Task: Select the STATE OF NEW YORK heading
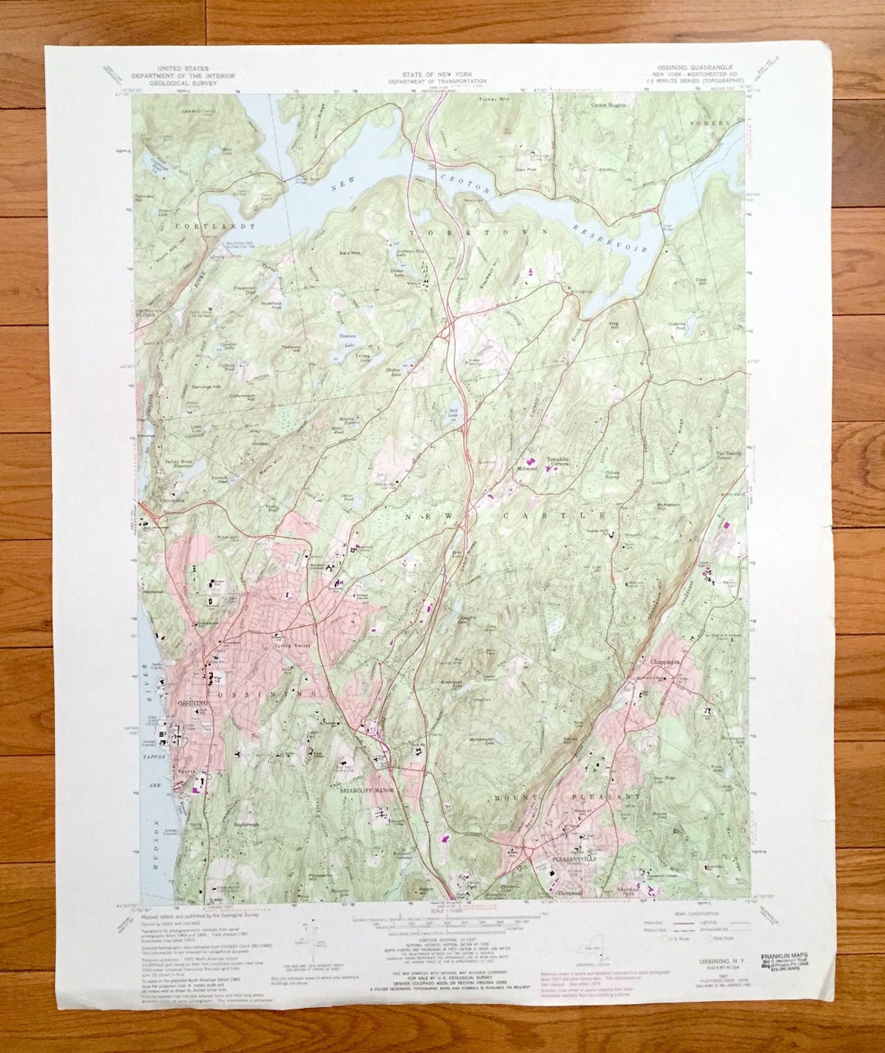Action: click(438, 75)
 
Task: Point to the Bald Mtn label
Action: click(350, 253)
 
